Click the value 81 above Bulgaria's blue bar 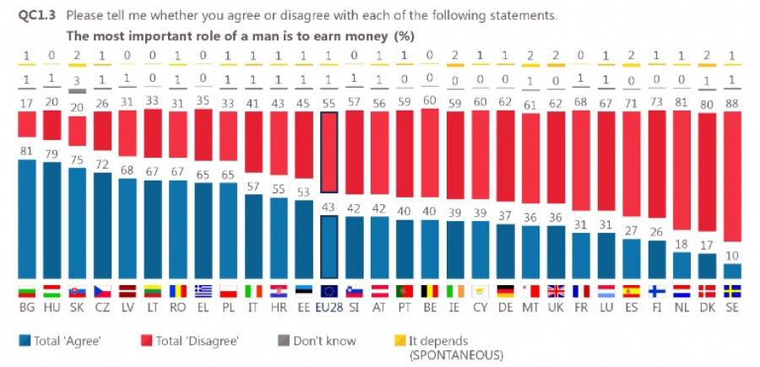(27, 152)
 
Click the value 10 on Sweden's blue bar (734, 256)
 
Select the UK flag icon (556, 291)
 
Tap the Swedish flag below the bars (734, 291)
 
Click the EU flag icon (329, 291)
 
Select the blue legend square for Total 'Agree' (23, 341)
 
